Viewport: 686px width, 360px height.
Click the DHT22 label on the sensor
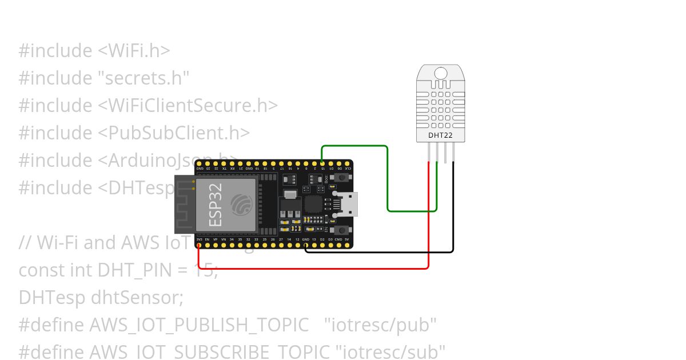pyautogui.click(x=440, y=135)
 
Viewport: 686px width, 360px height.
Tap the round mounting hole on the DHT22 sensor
pyautogui.click(x=441, y=73)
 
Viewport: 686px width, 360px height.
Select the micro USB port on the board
pyautogui.click(x=348, y=204)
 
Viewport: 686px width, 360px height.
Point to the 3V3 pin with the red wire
pyautogui.click(x=199, y=245)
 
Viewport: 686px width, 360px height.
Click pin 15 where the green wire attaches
pyautogui.click(x=323, y=163)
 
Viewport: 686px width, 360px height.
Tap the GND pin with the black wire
pyautogui.click(x=306, y=245)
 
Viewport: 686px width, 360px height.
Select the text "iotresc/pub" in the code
pyautogui.click(x=380, y=325)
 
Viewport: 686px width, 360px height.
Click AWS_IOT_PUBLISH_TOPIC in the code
pyautogui.click(x=199, y=325)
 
